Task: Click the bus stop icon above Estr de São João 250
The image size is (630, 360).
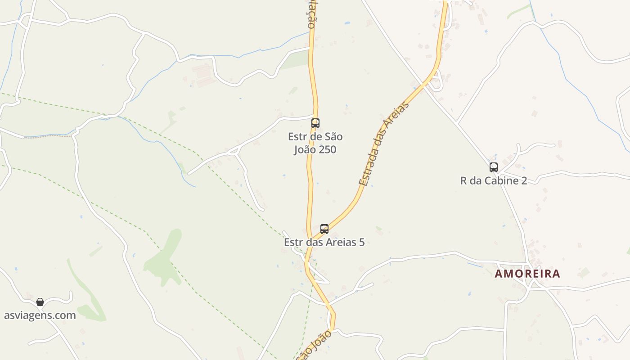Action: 315,123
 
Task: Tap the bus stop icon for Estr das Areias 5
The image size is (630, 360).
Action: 324,229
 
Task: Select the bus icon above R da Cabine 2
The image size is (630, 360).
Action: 494,167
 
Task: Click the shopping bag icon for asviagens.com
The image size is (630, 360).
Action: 40,302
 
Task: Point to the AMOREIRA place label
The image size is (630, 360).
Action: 527,274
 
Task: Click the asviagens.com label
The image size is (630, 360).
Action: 40,315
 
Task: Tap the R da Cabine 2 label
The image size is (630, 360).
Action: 494,181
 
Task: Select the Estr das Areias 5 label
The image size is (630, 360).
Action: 324,242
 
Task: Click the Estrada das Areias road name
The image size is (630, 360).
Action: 384,144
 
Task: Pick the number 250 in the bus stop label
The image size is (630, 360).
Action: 327,149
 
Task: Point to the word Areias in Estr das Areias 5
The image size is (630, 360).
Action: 342,242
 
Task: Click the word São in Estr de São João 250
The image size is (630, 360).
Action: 333,136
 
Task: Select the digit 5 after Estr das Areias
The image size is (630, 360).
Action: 361,242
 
